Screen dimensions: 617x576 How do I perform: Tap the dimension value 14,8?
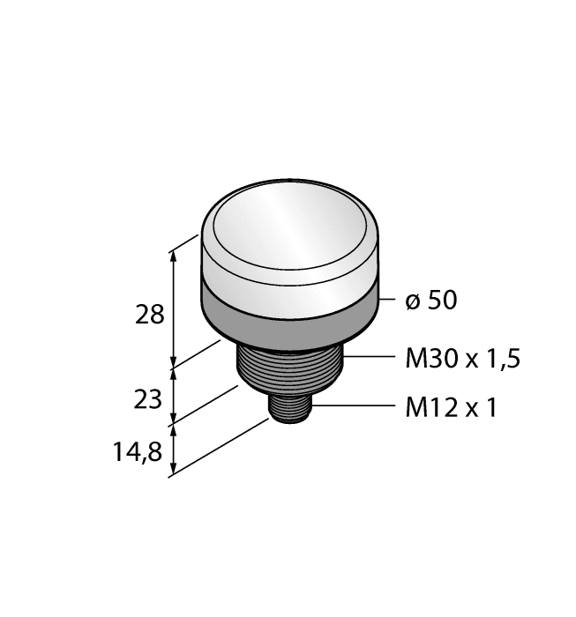(139, 453)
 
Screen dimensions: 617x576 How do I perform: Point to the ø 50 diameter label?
(431, 301)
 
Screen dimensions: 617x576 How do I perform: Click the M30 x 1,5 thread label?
(462, 359)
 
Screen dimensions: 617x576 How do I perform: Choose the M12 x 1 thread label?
(451, 408)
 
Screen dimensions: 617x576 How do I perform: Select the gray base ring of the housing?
(291, 313)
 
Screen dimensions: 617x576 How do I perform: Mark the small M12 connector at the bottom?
(288, 411)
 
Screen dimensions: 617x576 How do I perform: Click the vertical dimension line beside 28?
(174, 308)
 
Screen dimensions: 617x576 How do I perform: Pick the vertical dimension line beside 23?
(174, 397)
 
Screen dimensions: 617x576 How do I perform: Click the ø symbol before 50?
(412, 301)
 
